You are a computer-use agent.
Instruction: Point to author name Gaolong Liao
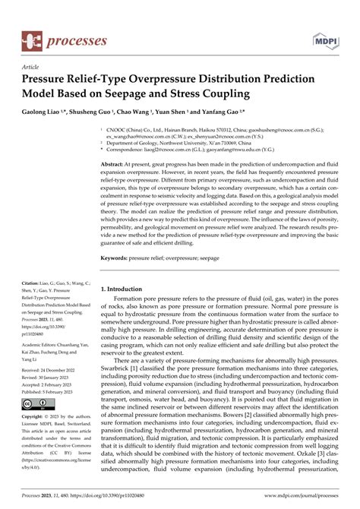(x=46, y=111)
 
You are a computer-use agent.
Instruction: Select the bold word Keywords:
(x=117, y=259)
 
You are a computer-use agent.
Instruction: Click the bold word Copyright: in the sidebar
(x=35, y=418)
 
